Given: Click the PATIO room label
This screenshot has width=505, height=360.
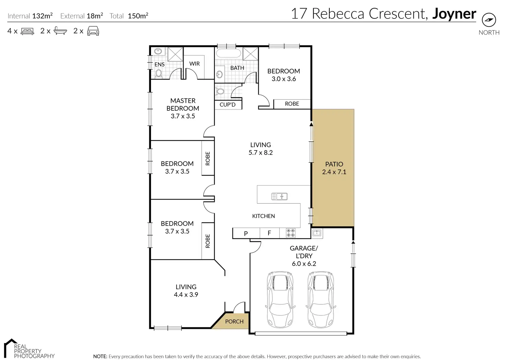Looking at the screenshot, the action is click(334, 164).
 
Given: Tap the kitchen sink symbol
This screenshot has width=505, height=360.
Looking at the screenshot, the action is click(279, 196).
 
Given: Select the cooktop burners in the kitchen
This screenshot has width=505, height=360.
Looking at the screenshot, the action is click(291, 233).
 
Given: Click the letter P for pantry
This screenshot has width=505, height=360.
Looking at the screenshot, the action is click(246, 233).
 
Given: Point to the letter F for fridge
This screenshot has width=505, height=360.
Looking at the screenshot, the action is click(269, 233).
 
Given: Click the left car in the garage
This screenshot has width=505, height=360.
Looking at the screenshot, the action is click(280, 300).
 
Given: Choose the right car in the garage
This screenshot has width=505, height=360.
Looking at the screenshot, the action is click(321, 300).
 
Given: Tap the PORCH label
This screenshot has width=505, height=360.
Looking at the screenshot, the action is click(234, 322).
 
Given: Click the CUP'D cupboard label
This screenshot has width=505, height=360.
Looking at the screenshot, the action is click(227, 105).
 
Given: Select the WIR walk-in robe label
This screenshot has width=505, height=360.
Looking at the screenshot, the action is click(194, 63).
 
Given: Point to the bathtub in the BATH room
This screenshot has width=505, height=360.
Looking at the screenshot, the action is click(228, 53).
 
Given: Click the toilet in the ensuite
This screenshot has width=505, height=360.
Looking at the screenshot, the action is click(159, 73).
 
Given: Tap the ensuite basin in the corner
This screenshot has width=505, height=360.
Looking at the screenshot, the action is click(158, 51).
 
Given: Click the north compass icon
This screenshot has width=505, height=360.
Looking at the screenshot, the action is click(489, 20).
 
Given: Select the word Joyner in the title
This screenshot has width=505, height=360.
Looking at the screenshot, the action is click(454, 14).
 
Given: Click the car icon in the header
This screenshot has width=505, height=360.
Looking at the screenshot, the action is click(93, 31).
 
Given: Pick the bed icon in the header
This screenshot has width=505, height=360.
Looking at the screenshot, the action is click(27, 31).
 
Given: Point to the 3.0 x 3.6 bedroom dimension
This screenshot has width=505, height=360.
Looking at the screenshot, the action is click(284, 79).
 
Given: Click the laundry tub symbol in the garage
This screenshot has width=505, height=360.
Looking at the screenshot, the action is click(317, 233).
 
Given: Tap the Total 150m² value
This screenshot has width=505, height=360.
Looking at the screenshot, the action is click(138, 16).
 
